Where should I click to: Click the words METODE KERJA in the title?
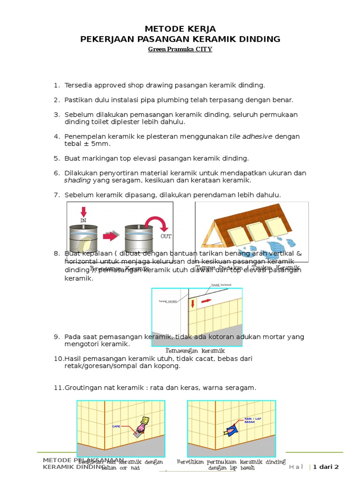pyautogui.click(x=180, y=29)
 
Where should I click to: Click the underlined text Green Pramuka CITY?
pyautogui.click(x=180, y=49)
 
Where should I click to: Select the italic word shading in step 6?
pyautogui.click(x=77, y=180)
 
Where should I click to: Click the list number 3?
pyautogui.click(x=56, y=114)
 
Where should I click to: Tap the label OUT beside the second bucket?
pyautogui.click(x=166, y=237)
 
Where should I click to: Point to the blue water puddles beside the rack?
pyautogui.click(x=281, y=245)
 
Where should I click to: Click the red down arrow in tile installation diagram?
pyautogui.click(x=193, y=303)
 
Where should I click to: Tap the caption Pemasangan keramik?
pyautogui.click(x=195, y=351)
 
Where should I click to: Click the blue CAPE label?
pyautogui.click(x=116, y=426)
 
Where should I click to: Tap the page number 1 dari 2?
pyautogui.click(x=326, y=466)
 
